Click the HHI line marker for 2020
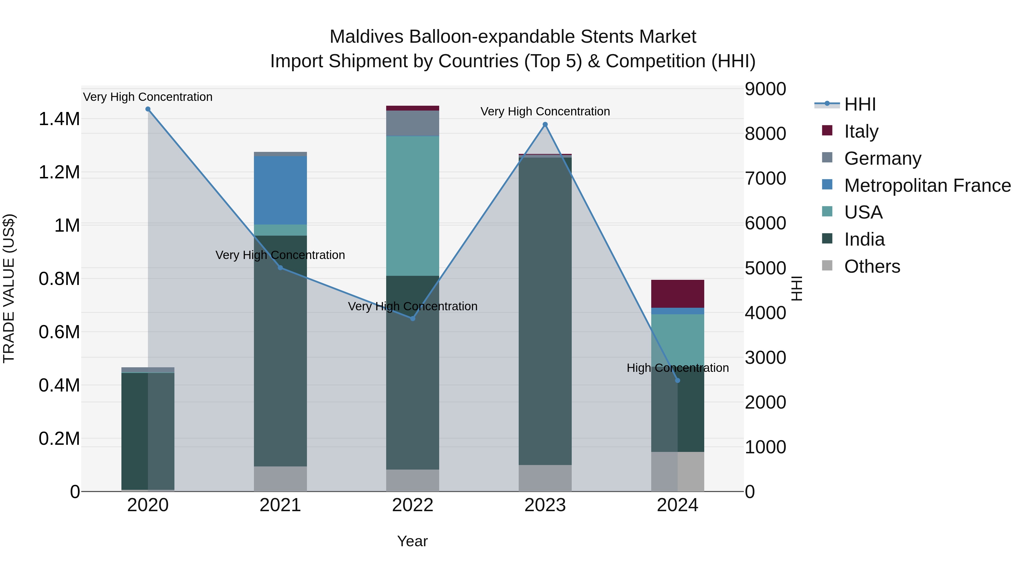(x=148, y=109)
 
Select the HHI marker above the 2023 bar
(x=545, y=125)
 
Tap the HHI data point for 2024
(x=677, y=381)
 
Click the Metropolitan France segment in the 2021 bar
(x=280, y=190)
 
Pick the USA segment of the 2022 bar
(x=413, y=206)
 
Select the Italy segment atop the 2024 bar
(x=677, y=294)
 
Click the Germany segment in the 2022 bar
(x=413, y=123)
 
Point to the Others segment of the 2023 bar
(x=545, y=478)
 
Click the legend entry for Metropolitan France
(x=927, y=185)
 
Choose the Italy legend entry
(x=861, y=131)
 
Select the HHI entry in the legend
(x=860, y=104)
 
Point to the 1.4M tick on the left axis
(x=59, y=119)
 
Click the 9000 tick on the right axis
(x=765, y=89)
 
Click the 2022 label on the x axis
(x=413, y=505)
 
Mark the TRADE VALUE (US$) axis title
(x=9, y=288)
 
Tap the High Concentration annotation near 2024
(x=677, y=368)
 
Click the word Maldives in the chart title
(x=367, y=37)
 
